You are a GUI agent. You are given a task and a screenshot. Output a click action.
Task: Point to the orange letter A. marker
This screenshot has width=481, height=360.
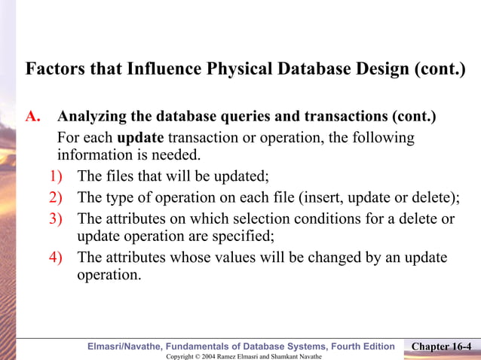(32, 117)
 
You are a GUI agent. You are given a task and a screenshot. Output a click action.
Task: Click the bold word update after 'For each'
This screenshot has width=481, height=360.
(141, 139)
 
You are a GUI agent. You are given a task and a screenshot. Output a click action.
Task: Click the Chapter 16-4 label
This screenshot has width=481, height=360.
(443, 346)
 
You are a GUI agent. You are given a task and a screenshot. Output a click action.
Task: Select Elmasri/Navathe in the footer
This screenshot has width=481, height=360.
(124, 346)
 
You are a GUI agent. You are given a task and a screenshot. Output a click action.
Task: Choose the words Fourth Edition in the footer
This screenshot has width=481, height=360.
(358, 346)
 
